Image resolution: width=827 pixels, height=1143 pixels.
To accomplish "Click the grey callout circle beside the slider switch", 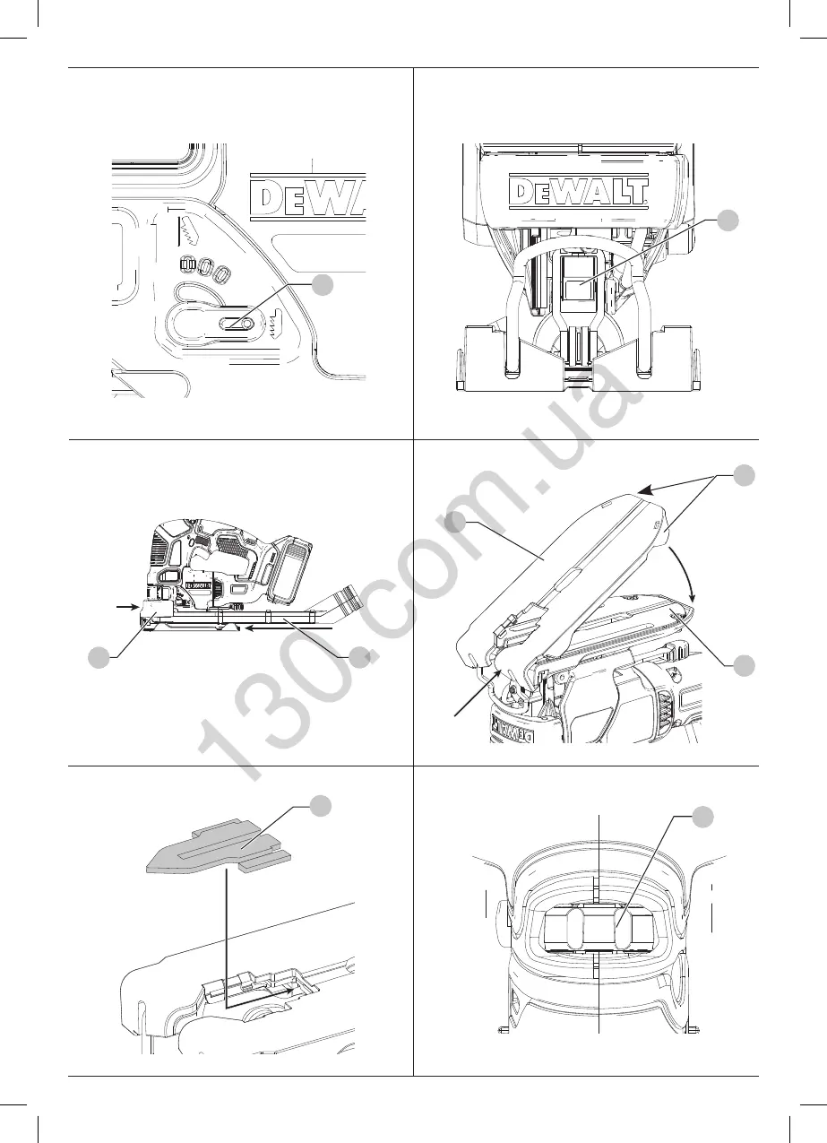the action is tap(323, 286).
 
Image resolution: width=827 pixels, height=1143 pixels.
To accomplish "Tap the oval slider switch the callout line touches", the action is tap(237, 325).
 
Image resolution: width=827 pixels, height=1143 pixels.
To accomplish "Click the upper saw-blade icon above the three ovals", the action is tap(191, 231).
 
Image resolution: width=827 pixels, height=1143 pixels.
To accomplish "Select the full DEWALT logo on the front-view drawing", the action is tap(578, 190).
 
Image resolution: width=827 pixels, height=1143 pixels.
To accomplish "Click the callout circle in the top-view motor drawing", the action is tap(702, 816).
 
